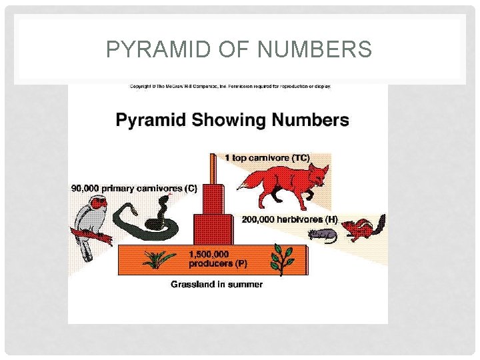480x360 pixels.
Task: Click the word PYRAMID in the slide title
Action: pos(157,49)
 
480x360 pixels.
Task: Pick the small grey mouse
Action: pos(322,234)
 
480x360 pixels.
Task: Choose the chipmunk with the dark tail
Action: pos(363,228)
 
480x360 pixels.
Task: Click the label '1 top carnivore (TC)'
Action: pos(267,158)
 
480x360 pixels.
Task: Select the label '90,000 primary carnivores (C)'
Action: pos(134,189)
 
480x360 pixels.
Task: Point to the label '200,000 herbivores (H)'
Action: pos(289,219)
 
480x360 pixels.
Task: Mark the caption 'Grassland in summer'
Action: pos(217,285)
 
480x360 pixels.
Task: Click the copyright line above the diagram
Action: pos(230,86)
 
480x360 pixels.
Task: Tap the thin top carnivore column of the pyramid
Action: pos(213,170)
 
